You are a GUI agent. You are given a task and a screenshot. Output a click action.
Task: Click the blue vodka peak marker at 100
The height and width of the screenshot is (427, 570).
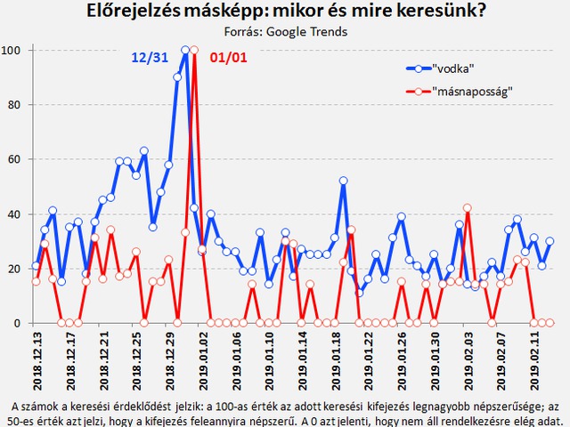point(185,51)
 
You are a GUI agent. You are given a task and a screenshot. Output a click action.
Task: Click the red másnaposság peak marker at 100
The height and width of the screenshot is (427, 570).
point(194,51)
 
